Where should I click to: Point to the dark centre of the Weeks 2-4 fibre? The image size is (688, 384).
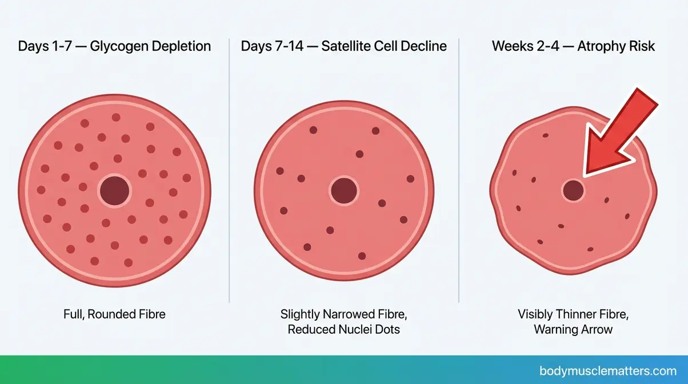point(573,190)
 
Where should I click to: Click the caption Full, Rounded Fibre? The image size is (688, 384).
point(114,314)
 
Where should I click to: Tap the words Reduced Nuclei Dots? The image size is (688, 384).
point(343,330)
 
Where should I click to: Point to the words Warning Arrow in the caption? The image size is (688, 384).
point(573,330)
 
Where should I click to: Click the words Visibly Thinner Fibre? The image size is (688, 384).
point(573,314)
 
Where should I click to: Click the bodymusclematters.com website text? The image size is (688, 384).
point(608,370)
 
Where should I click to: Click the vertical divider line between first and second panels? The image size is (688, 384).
point(229,171)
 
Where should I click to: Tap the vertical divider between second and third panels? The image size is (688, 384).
point(459,171)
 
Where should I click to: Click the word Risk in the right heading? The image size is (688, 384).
point(642,46)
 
